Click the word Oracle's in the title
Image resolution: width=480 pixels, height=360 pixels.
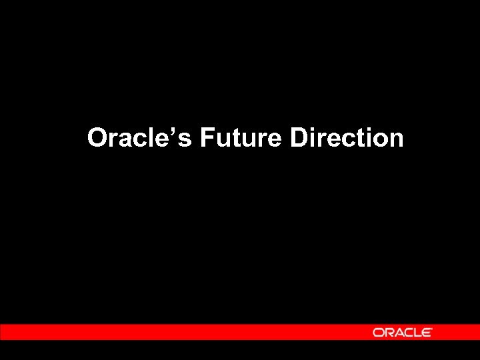[x=139, y=138]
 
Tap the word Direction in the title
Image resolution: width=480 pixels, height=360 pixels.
[x=347, y=138]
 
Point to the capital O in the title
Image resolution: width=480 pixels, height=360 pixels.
[x=97, y=138]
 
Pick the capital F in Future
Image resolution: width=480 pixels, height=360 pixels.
[x=206, y=138]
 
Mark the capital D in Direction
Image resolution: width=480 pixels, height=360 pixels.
[x=299, y=138]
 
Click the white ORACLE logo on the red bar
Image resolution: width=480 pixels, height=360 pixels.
[x=402, y=332]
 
